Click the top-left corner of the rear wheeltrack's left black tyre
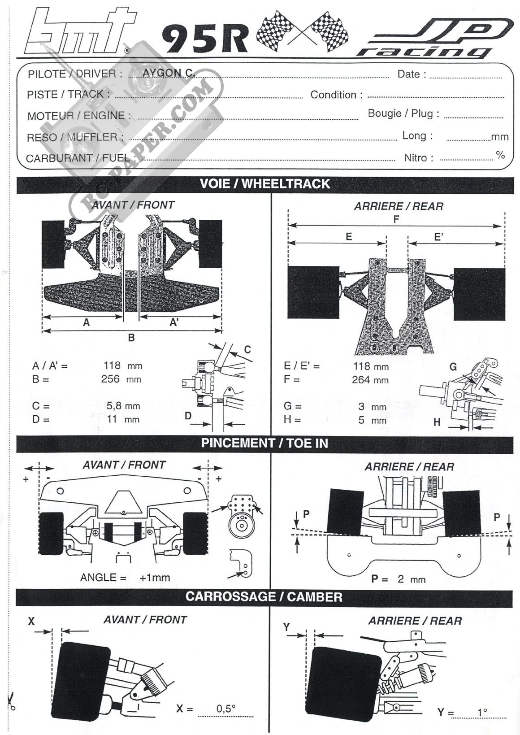click(x=288, y=266)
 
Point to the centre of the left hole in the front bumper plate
click(x=60, y=491)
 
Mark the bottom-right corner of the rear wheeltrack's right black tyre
click(x=505, y=320)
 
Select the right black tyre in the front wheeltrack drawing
click(x=211, y=244)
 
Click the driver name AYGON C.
click(x=168, y=73)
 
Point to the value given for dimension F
click(x=370, y=380)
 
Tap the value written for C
click(x=123, y=406)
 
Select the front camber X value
click(x=226, y=709)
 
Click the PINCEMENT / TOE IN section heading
click(x=264, y=443)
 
